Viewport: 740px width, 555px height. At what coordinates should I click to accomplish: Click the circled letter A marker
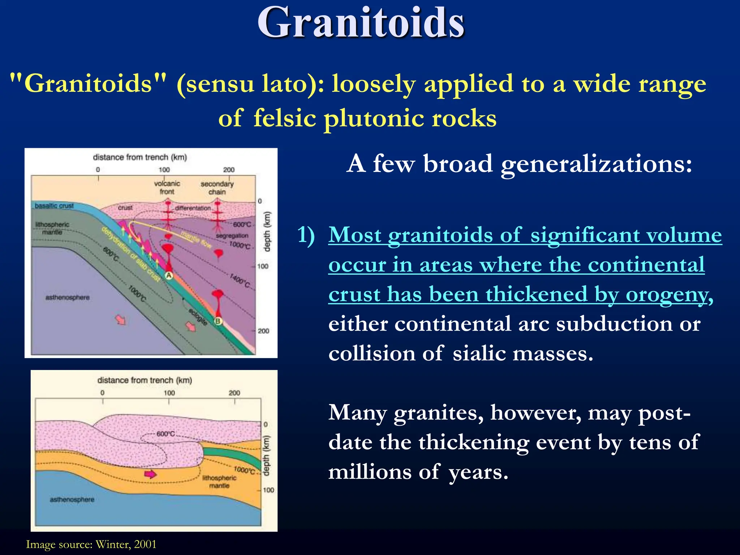(169, 276)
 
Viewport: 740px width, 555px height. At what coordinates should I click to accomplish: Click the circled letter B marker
(218, 321)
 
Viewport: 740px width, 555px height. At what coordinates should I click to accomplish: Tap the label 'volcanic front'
(167, 188)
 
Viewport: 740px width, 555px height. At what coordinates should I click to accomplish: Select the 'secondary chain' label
(217, 188)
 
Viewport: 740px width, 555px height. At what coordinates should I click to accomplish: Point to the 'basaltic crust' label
(54, 206)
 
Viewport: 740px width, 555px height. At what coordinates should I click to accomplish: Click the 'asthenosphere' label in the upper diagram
(68, 297)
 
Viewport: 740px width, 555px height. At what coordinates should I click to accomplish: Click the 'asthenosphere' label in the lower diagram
(72, 499)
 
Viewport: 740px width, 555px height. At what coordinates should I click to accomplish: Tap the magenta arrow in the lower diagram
(150, 474)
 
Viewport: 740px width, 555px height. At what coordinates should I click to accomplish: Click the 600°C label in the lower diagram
(165, 434)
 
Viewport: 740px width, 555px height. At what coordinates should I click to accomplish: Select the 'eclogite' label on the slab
(198, 317)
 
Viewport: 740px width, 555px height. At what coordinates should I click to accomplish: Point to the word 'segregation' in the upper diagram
(232, 236)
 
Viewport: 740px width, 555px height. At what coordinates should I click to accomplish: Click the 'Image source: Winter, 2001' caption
(91, 544)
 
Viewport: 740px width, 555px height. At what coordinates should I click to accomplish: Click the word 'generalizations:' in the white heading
(596, 164)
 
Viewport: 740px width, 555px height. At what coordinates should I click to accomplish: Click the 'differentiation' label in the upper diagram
(193, 208)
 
